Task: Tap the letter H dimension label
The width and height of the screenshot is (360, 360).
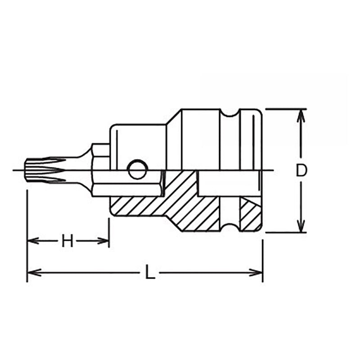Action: point(67,242)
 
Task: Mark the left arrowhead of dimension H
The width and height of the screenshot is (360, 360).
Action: point(31,241)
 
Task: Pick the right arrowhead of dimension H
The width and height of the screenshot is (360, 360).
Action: point(104,241)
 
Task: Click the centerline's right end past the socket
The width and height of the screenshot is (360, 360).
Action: point(270,170)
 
